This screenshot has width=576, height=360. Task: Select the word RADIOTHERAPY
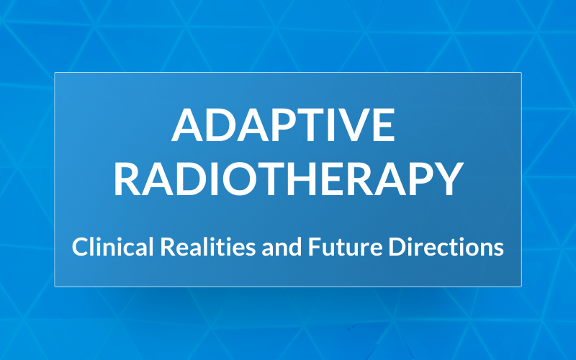[287, 180]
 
